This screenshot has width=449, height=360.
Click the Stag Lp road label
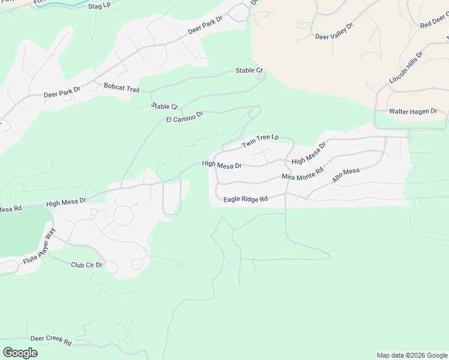pos(99,6)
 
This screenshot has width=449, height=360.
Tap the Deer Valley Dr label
pos(334,32)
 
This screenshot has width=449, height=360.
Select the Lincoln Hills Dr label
pos(406,67)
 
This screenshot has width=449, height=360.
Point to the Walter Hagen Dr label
pos(414,112)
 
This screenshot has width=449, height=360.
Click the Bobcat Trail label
pos(121,88)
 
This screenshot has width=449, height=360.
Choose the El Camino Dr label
pos(185,116)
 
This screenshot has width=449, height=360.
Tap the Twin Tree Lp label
pos(261,141)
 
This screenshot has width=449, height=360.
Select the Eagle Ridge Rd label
pos(245,199)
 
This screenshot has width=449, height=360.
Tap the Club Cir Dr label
pos(86,265)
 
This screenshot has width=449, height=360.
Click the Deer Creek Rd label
pos(51,340)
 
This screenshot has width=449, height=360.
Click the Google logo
pos(20,353)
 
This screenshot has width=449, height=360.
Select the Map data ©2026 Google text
pos(412,355)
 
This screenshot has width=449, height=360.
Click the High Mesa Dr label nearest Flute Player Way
pos(65,203)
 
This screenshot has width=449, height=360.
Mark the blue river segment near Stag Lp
pos(66,4)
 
